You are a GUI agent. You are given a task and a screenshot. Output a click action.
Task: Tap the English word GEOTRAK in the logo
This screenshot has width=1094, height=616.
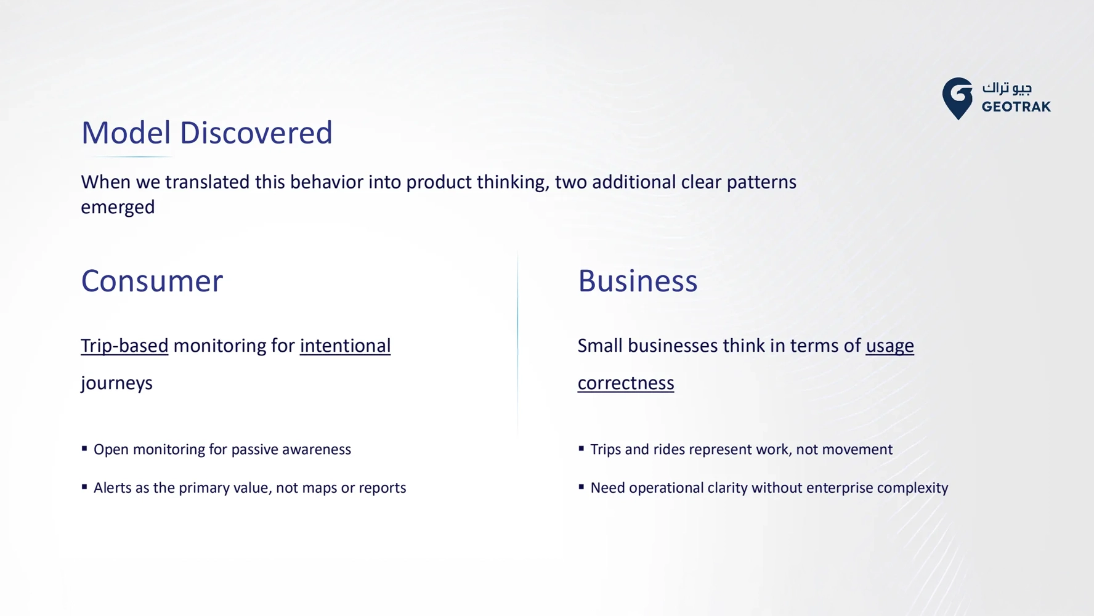(x=1016, y=107)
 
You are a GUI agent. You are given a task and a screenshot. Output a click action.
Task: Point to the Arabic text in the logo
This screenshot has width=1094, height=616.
(x=1007, y=87)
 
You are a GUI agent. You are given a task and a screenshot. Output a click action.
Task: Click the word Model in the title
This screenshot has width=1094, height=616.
(x=126, y=132)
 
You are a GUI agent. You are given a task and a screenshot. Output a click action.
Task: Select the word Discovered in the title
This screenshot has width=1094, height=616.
(x=256, y=132)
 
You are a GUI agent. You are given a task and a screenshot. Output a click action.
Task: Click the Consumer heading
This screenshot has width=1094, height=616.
(x=152, y=281)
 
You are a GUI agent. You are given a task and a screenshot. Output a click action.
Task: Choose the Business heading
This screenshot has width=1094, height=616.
(x=638, y=281)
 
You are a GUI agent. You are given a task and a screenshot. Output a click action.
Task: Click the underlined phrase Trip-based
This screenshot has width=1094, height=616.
(x=124, y=346)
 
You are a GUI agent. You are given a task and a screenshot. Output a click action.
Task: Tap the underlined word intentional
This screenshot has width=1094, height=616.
(x=345, y=346)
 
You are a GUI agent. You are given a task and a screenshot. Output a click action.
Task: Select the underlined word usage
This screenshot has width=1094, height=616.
(x=889, y=346)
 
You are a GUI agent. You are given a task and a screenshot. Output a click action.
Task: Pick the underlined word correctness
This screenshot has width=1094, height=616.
(x=626, y=383)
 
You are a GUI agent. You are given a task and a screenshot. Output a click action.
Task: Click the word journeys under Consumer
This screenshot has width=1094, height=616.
(x=116, y=383)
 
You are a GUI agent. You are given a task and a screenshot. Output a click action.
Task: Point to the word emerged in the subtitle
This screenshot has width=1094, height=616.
(x=118, y=207)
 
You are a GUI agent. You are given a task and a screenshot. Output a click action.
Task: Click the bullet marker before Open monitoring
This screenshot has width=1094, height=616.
(x=84, y=448)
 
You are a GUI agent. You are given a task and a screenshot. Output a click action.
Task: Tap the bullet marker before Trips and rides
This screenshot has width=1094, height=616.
(x=581, y=448)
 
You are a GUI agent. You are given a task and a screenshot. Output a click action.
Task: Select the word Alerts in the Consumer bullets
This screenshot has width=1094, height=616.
(x=113, y=487)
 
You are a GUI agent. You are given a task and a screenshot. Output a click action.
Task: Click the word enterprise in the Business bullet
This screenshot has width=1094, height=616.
(x=839, y=488)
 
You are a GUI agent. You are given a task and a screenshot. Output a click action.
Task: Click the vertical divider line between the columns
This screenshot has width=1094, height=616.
(x=517, y=345)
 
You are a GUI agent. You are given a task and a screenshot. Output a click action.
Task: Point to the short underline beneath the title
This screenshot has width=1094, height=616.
(x=128, y=156)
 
